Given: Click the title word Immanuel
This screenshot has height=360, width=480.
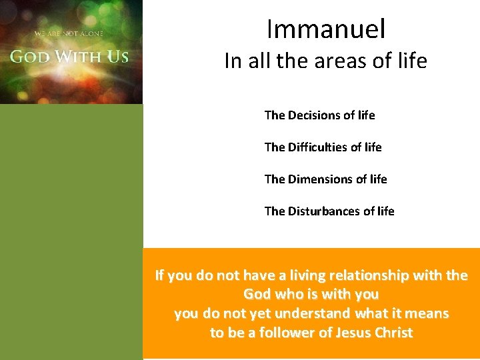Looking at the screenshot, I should pos(325,29).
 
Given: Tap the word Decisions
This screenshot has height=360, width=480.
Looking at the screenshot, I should pos(314,115).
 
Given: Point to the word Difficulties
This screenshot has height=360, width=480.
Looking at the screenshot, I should pos(319,147).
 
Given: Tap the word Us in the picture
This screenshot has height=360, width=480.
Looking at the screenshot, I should pos(117,56).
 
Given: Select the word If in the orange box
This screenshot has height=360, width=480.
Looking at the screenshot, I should pos(160,275).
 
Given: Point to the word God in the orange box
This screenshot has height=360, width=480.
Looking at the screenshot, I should pos(257,294).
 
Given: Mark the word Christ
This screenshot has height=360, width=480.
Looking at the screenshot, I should pos(394,333).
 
